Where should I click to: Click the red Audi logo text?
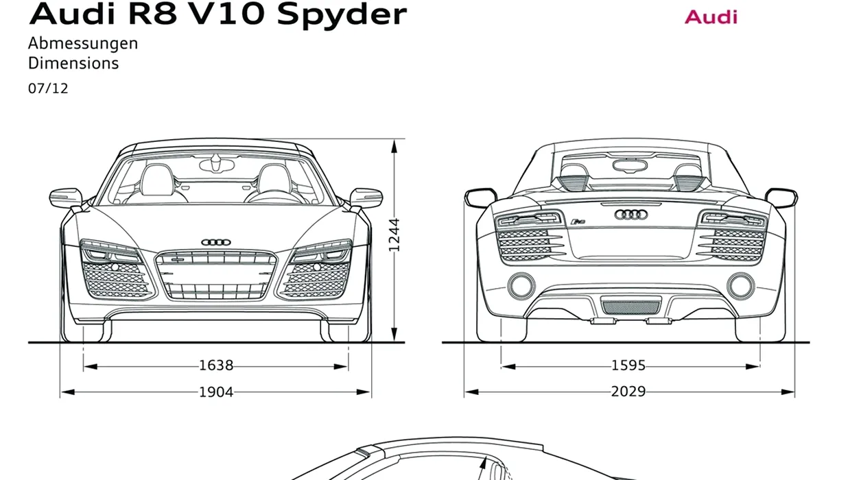tap(711, 17)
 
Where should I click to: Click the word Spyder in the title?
tap(342, 16)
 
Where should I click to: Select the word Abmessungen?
tap(83, 44)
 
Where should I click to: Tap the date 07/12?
tap(48, 88)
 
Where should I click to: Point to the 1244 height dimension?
tap(394, 235)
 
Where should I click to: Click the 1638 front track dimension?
tap(216, 365)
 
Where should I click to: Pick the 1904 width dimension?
tap(216, 392)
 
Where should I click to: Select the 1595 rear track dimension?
tap(628, 365)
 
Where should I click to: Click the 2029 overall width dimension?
tap(628, 392)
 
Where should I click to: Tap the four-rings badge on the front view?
tap(216, 242)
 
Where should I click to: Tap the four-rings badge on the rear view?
tap(630, 215)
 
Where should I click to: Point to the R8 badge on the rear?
tap(578, 221)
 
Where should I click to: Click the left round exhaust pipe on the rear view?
tap(521, 286)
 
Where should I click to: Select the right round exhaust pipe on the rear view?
tap(740, 286)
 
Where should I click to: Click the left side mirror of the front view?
tap(66, 198)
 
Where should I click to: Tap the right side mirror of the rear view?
tap(781, 198)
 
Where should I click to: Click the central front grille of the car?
tap(216, 275)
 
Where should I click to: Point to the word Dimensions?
tap(73, 63)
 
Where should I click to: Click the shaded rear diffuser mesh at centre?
tap(630, 307)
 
